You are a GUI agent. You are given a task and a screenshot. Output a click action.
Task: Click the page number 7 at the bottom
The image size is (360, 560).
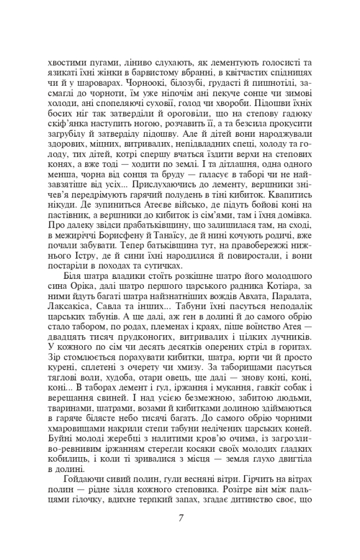coord(180,518)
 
